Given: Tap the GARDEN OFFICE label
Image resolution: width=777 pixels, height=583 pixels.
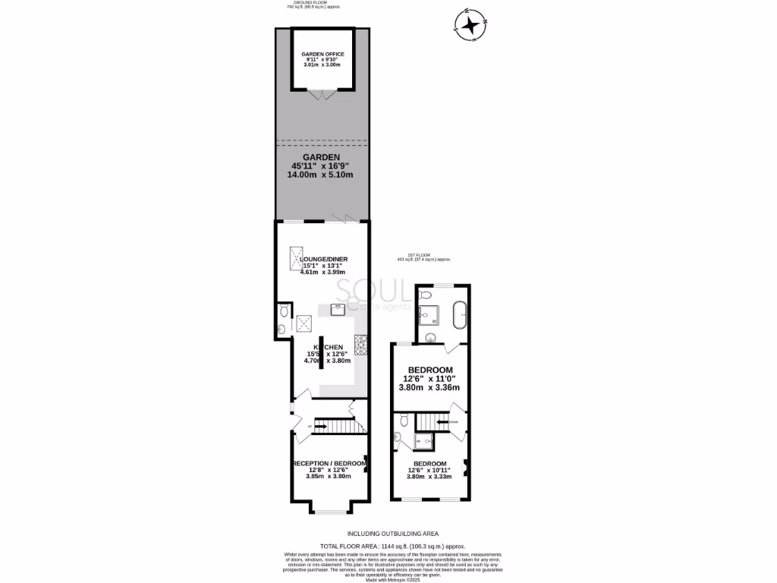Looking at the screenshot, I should (x=323, y=55).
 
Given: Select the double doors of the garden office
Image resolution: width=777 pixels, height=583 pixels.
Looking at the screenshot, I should (x=323, y=95).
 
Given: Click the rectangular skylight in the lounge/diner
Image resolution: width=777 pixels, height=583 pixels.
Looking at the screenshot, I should (x=295, y=260).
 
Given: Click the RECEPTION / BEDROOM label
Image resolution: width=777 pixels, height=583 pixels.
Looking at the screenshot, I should (x=330, y=463).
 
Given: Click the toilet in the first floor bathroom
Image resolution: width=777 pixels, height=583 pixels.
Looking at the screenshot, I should (x=426, y=294).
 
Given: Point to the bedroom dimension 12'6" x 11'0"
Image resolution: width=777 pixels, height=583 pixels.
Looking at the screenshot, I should (x=429, y=378).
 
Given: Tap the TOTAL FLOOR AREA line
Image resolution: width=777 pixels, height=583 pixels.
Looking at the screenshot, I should (x=392, y=546).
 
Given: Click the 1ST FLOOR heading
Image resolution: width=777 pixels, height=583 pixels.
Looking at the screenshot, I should (x=420, y=255).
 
